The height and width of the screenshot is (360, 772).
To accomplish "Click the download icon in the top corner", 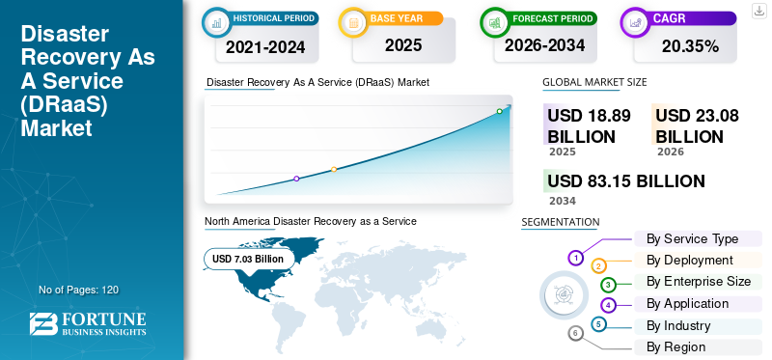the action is [x=758, y=11].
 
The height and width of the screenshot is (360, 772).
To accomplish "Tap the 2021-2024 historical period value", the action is [x=265, y=47].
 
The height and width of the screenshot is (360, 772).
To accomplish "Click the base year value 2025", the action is [x=403, y=45].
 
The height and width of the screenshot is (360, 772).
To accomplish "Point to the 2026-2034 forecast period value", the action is [x=544, y=45].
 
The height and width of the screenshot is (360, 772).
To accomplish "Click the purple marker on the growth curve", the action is [x=296, y=179].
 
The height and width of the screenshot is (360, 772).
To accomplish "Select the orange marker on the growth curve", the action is [x=334, y=170].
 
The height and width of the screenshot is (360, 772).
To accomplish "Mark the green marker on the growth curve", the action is [x=499, y=111].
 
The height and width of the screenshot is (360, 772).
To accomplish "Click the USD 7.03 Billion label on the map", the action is [x=248, y=259].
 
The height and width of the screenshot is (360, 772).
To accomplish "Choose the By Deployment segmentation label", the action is [x=690, y=260].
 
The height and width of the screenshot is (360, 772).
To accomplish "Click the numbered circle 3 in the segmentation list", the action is [x=608, y=285].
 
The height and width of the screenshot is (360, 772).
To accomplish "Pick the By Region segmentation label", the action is [x=676, y=346].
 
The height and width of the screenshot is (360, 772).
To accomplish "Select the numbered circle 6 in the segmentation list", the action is [x=575, y=334].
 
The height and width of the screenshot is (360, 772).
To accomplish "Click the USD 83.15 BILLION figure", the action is [x=625, y=181].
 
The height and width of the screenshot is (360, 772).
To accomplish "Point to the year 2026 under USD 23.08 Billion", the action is [x=670, y=152].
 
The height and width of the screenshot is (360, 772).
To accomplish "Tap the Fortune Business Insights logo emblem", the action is [x=43, y=323].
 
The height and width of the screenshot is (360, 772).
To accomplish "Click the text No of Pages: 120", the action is [x=78, y=290].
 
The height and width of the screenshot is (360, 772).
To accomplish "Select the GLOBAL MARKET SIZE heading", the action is [x=594, y=82].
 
